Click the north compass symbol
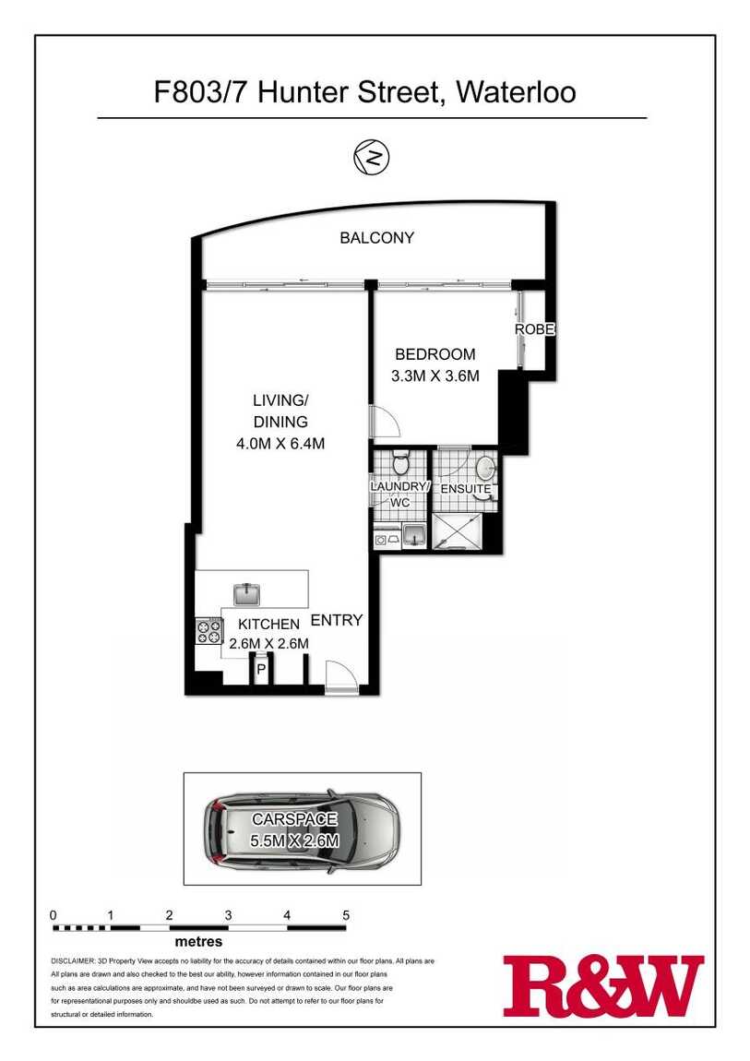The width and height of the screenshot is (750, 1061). (372, 158)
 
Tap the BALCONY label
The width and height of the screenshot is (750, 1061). (376, 237)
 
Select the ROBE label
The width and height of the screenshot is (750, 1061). (535, 328)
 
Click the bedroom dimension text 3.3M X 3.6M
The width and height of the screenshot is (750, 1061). (435, 376)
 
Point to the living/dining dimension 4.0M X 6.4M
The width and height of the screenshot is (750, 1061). (280, 444)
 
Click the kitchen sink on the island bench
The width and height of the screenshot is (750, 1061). (248, 594)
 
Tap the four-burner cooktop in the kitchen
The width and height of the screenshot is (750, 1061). (209, 632)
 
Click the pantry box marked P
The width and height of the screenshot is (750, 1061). (260, 669)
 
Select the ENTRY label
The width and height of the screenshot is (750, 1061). (337, 620)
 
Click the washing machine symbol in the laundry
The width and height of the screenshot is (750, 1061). (381, 540)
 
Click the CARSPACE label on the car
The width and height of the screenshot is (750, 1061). (294, 818)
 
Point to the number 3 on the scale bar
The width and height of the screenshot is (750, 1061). (229, 915)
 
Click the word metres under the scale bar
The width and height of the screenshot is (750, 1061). (199, 941)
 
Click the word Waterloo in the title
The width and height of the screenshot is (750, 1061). (517, 91)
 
